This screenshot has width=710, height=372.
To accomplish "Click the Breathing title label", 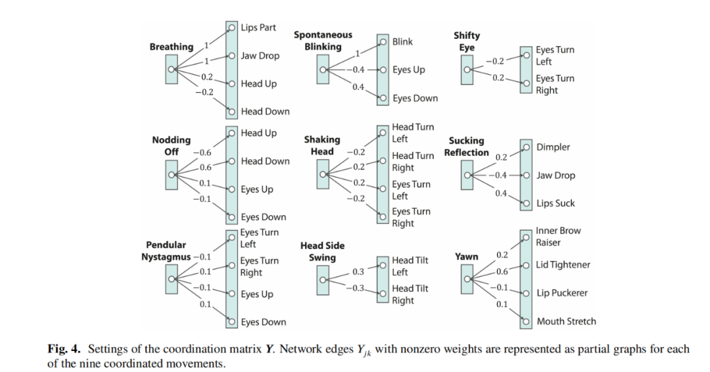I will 172,47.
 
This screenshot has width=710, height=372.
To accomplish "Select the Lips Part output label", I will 258,28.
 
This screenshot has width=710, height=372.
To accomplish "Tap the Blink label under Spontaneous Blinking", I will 402,41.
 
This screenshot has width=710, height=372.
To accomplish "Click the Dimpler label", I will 554,147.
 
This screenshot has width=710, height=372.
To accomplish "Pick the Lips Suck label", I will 556,203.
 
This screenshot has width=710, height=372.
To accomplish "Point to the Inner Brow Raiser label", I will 558,237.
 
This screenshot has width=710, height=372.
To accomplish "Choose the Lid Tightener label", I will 563,265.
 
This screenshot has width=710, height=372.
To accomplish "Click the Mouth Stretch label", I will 566,321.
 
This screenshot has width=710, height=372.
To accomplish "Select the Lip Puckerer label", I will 562,293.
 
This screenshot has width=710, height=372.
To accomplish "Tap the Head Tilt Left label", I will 410,266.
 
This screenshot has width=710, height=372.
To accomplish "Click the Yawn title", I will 467,256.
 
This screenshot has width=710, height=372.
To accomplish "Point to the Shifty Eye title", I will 467,41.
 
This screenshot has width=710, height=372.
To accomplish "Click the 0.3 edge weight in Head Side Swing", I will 358,271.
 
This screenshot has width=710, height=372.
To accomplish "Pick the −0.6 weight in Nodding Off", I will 202,152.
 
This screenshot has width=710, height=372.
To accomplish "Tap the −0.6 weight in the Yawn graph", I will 502,271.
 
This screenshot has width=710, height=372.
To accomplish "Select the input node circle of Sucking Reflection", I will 467,175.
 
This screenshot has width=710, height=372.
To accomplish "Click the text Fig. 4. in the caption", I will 64,349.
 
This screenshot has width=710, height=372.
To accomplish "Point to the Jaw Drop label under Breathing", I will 260,56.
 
